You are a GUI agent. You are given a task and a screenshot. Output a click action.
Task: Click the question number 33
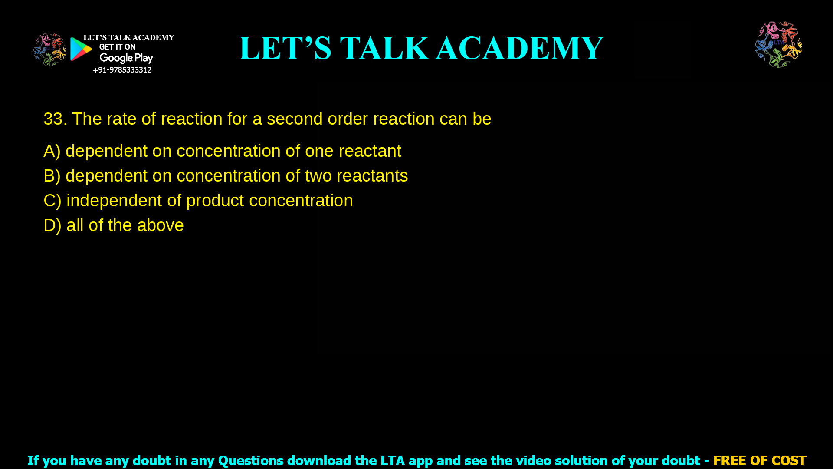pyautogui.click(x=55, y=119)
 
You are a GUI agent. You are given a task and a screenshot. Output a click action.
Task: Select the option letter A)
pyautogui.click(x=52, y=151)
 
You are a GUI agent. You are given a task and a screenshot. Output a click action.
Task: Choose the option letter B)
pyautogui.click(x=52, y=176)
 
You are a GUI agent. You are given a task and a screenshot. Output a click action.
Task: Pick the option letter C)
pyautogui.click(x=52, y=201)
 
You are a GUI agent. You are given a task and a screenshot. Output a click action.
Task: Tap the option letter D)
pyautogui.click(x=52, y=225)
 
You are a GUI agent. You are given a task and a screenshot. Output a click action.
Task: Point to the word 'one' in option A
pyautogui.click(x=319, y=151)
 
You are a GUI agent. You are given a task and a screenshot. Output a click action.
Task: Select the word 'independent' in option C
pyautogui.click(x=114, y=201)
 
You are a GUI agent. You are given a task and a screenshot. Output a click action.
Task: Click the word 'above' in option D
pyautogui.click(x=160, y=225)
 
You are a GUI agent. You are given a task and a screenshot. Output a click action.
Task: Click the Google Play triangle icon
pyautogui.click(x=81, y=49)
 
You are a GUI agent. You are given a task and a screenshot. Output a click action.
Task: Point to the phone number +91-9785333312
pyautogui.click(x=122, y=70)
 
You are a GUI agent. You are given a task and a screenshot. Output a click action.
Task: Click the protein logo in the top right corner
pyautogui.click(x=778, y=45)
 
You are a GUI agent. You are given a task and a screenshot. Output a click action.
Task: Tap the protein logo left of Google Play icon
pyautogui.click(x=49, y=50)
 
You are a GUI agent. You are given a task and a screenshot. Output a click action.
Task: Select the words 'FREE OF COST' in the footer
pyautogui.click(x=759, y=460)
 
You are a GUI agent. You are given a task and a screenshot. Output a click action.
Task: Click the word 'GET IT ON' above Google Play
pyautogui.click(x=117, y=47)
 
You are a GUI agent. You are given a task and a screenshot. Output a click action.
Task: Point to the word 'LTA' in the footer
pyautogui.click(x=393, y=460)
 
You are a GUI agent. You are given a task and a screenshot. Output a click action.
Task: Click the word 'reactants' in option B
pyautogui.click(x=372, y=176)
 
